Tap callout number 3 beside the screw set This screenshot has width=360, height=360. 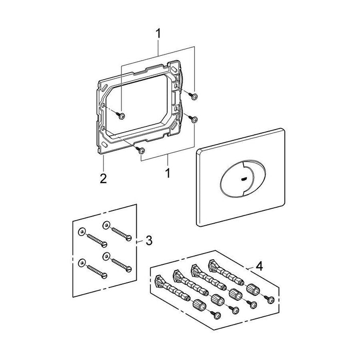[x=149, y=240]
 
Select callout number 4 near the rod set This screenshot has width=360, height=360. [x=259, y=266]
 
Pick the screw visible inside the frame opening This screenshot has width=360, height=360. [x=121, y=115]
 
